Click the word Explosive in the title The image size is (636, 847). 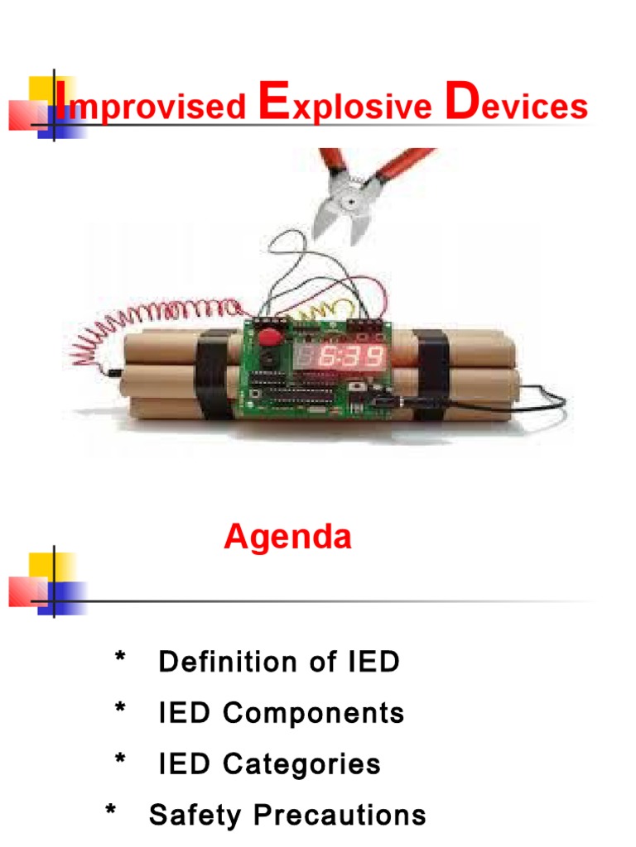click(x=345, y=107)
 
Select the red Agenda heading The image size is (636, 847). click(x=287, y=538)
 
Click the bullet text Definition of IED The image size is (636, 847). click(x=279, y=662)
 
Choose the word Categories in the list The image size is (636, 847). click(x=301, y=763)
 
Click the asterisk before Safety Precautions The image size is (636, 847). click(x=111, y=813)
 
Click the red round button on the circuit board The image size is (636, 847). click(x=268, y=337)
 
